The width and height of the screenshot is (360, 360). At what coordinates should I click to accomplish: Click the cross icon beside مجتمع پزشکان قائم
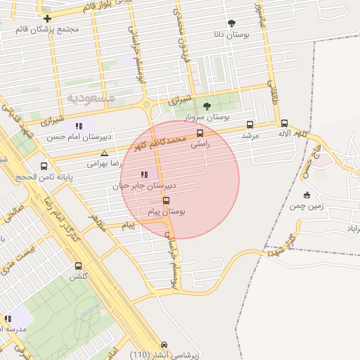(47, 18)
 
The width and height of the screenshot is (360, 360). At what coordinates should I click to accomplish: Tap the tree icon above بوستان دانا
(232, 23)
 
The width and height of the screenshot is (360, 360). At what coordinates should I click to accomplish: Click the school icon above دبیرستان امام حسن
(79, 126)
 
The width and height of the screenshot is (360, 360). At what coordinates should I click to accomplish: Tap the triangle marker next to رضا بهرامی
(105, 153)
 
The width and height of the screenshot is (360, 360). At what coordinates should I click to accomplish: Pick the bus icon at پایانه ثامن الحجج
(44, 167)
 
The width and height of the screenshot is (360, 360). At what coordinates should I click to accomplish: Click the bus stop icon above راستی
(200, 132)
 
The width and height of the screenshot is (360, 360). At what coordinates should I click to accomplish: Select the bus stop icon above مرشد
(250, 124)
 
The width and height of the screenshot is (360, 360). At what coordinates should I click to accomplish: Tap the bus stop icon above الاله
(284, 123)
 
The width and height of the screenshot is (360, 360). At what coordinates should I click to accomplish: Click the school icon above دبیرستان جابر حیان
(144, 174)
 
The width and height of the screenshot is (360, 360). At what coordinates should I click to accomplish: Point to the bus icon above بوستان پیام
(166, 200)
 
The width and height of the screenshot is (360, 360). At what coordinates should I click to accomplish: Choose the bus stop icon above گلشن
(77, 266)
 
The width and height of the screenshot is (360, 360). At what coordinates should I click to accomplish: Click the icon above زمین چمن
(307, 195)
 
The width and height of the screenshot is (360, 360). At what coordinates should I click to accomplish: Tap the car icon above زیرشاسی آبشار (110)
(164, 345)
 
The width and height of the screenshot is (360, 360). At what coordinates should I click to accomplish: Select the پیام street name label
(128, 225)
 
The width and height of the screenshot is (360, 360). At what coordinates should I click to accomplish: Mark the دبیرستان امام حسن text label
(70, 137)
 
